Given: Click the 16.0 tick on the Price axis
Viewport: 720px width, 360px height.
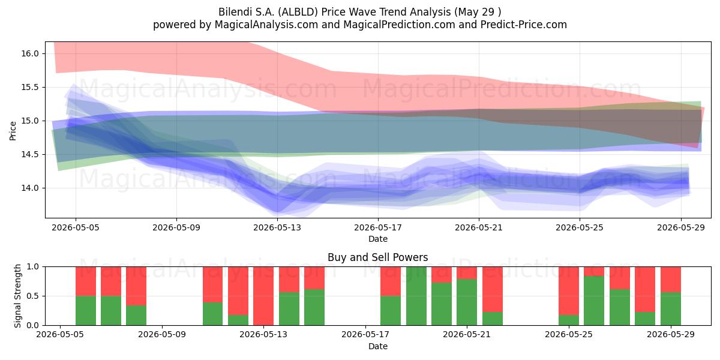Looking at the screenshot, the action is tap(30, 53).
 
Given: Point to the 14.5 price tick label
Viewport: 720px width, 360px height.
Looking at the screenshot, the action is tap(30, 155).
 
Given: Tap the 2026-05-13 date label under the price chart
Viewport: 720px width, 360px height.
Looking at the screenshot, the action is tap(277, 227).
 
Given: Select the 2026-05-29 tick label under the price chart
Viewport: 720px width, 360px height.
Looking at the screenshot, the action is tap(681, 227).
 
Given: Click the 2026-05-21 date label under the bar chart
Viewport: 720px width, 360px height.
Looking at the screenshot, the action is tap(467, 334).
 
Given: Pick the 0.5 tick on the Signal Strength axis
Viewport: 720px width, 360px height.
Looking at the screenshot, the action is tap(32, 296).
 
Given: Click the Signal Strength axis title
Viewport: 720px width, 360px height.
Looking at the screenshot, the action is tap(17, 296).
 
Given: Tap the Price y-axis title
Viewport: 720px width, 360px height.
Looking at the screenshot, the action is tap(13, 131).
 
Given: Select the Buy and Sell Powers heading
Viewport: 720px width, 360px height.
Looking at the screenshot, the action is tap(377, 257).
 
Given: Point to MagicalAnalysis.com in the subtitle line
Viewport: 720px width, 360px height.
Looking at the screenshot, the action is tap(266, 25).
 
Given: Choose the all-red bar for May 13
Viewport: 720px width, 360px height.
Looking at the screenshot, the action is tap(263, 296).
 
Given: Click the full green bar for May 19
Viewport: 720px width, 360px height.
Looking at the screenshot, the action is tap(416, 296).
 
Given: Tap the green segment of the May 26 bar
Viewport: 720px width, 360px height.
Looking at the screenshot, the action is tap(594, 301).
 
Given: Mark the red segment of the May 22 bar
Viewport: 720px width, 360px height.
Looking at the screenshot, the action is tap(493, 289).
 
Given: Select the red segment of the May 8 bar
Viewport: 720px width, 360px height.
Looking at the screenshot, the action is tap(136, 286).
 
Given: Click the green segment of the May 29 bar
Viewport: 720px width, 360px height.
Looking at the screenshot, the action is tap(671, 308).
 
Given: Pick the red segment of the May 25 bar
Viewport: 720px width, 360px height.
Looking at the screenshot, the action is tap(569, 291).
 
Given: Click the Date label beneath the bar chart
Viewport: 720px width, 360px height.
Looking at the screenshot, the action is tap(377, 346).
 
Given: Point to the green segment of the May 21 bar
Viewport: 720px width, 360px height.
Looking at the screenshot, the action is tap(467, 302).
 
